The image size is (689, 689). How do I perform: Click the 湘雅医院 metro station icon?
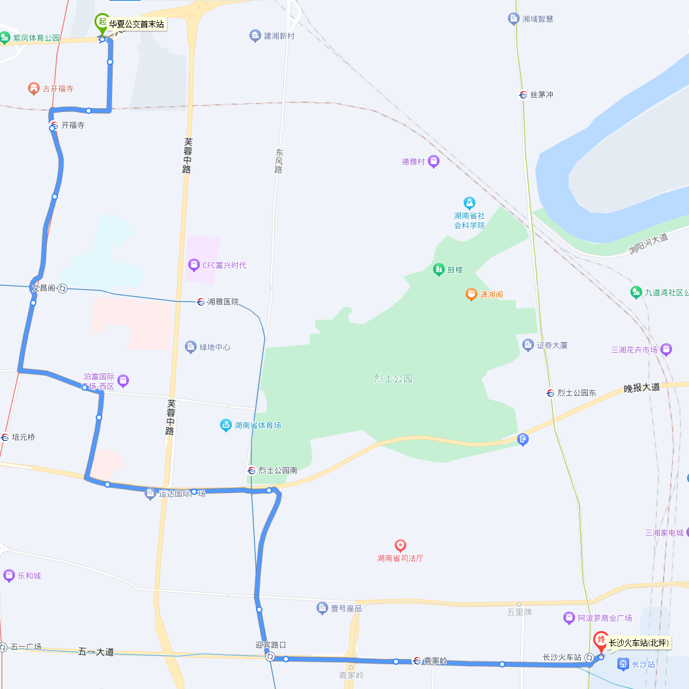click(x=201, y=302)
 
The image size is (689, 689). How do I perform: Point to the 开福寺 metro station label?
click(x=72, y=125)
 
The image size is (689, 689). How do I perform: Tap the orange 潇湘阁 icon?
click(x=471, y=294)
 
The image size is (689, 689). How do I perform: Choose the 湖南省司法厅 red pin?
click(x=401, y=545)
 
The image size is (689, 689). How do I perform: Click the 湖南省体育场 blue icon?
click(x=225, y=425)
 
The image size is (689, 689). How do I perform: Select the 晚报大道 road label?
click(x=641, y=387)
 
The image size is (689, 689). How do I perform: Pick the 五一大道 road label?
click(x=96, y=651)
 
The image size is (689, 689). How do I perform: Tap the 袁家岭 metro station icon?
click(x=417, y=660)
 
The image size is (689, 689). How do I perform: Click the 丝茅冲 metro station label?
click(x=541, y=94)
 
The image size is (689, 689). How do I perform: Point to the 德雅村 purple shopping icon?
click(x=433, y=161)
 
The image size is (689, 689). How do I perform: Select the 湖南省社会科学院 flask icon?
click(x=469, y=203)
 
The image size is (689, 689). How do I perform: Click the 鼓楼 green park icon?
click(x=438, y=269)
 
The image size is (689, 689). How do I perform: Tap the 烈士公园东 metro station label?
click(x=576, y=393)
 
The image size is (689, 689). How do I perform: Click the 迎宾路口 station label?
click(x=270, y=645)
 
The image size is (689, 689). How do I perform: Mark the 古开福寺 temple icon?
click(x=34, y=88)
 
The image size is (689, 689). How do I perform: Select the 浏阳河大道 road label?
click(x=648, y=244)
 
